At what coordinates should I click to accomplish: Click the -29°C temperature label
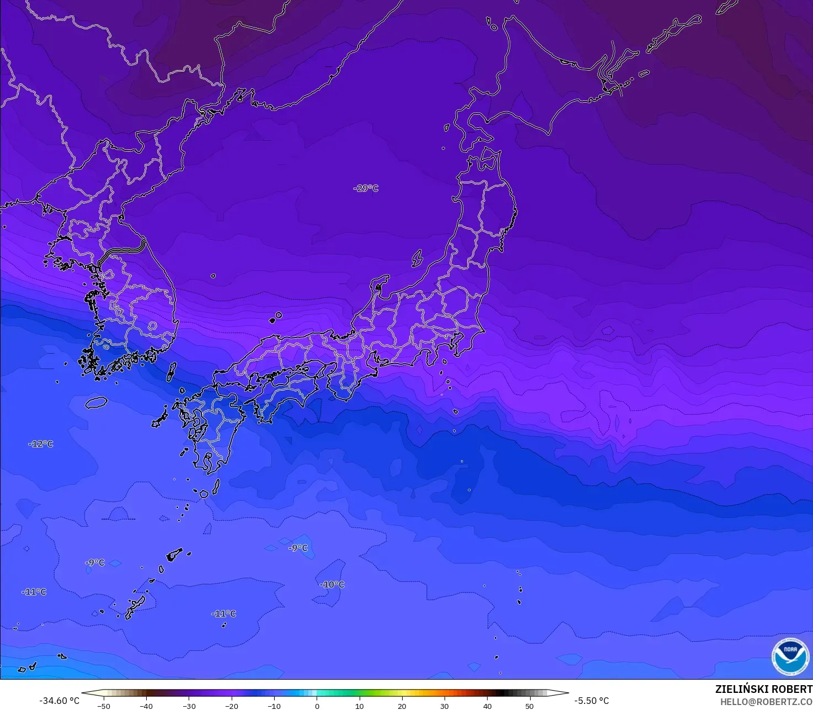coord(366,188)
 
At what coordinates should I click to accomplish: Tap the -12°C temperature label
coord(41,444)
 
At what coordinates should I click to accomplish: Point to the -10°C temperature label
coord(331,584)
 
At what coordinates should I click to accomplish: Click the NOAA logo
coord(790,656)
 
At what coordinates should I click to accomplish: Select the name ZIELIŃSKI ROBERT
coord(763,689)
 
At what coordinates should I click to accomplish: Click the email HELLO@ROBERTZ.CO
coord(766,701)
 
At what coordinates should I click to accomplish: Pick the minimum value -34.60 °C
coord(59,701)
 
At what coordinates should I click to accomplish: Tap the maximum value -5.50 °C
coord(591,701)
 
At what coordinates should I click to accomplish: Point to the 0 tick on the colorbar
coord(317,706)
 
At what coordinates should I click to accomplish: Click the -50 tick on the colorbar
coord(104,706)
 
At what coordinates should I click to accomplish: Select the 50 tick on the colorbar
coord(529,706)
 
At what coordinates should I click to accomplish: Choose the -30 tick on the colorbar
coord(189,706)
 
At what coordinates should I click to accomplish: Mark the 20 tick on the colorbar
coord(402,706)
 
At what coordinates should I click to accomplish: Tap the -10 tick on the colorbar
coord(274,706)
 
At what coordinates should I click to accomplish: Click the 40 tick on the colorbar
coord(487,706)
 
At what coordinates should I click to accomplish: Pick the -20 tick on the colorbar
coord(232,706)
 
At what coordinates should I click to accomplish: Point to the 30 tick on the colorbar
coord(445,706)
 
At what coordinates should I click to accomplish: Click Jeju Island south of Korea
coord(96,402)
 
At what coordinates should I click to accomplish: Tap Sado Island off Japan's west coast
coord(417,258)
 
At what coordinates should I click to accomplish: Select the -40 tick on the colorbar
coord(146,706)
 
